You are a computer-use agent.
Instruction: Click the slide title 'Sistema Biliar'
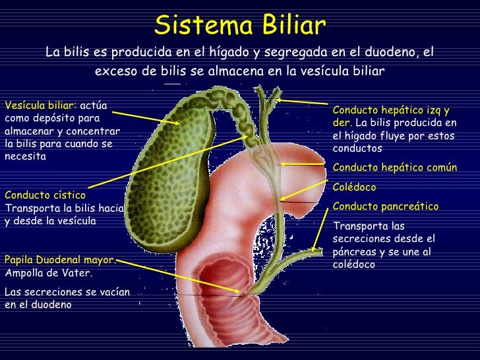pyautogui.click(x=240, y=26)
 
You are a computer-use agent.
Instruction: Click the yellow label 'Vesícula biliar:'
pyautogui.click(x=40, y=105)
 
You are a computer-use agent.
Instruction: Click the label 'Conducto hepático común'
pyautogui.click(x=395, y=167)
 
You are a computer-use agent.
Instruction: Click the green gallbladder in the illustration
pyautogui.click(x=165, y=165)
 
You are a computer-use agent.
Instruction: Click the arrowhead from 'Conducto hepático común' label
pyautogui.click(x=282, y=164)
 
